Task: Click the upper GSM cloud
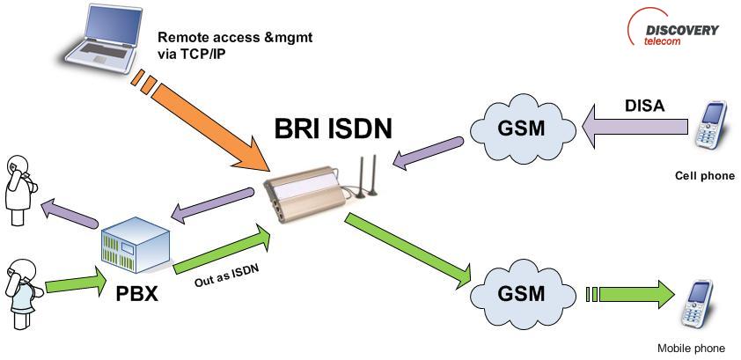point(520,129)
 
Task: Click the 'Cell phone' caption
point(704,176)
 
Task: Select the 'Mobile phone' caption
point(692,348)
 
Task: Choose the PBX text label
point(136,293)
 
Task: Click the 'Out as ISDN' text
point(226,275)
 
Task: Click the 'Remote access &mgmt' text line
point(234,38)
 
